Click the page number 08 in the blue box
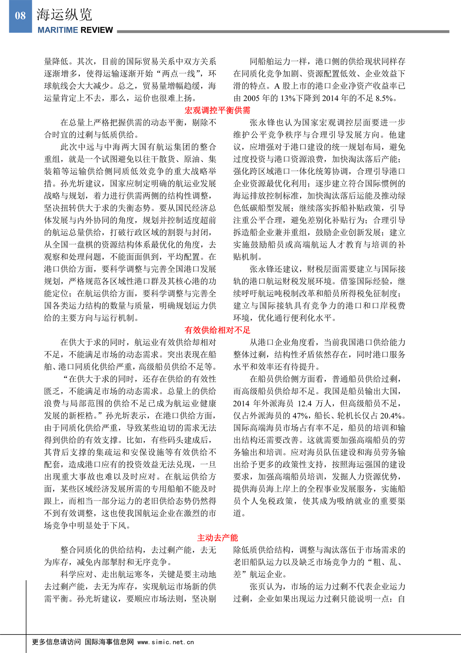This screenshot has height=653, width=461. [x=20, y=16]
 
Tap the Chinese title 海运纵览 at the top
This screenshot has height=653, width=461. [x=64, y=15]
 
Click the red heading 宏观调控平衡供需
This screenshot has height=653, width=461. [x=217, y=110]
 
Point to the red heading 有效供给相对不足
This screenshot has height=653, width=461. [x=217, y=330]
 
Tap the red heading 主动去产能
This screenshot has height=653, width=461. [x=217, y=538]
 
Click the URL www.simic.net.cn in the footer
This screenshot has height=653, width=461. [x=166, y=642]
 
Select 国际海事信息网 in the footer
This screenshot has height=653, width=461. [x=109, y=642]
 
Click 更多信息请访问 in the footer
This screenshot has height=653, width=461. [x=56, y=642]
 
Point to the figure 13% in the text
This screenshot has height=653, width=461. [x=288, y=98]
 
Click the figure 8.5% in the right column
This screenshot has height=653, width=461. [x=384, y=98]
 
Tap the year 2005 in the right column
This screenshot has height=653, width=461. [x=251, y=98]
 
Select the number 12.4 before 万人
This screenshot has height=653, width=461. [x=305, y=404]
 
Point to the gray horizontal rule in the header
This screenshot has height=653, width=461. [x=283, y=31]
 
